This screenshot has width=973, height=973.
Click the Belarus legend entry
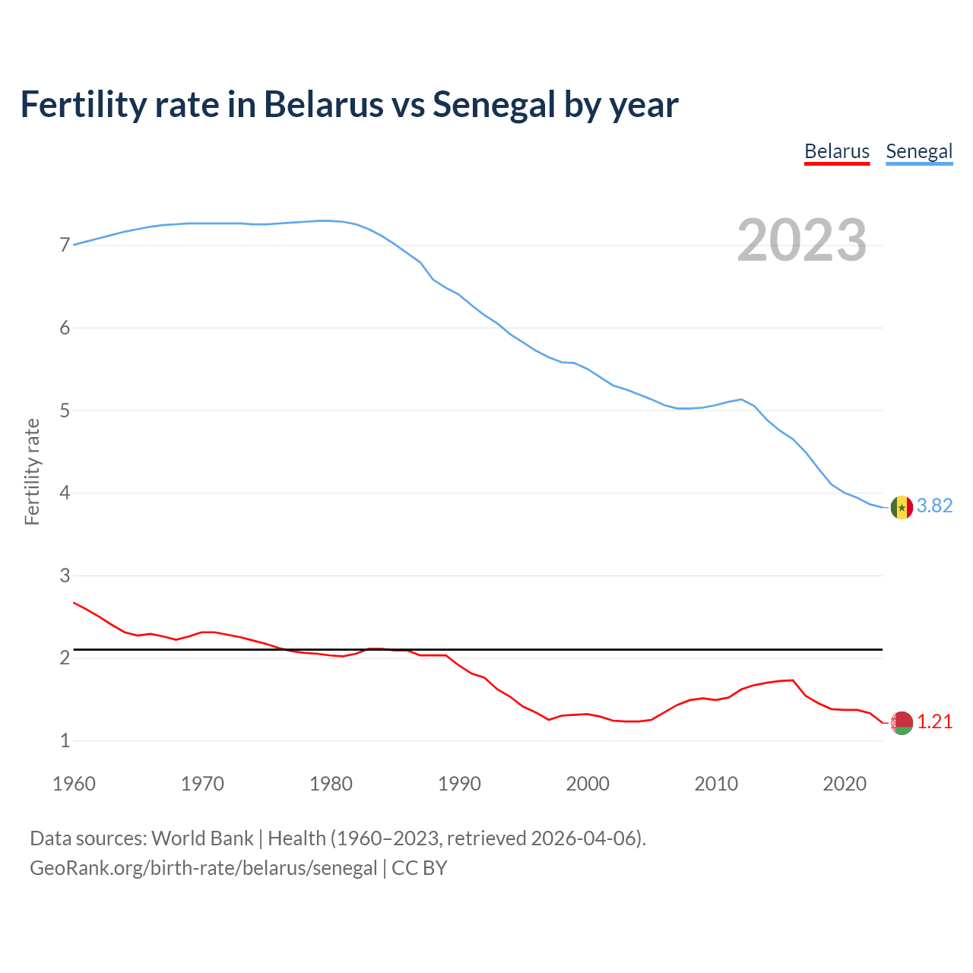pos(837,151)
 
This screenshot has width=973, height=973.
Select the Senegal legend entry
pos(919,151)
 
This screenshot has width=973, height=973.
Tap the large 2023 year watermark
pos(802,240)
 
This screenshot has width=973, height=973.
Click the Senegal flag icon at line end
pos(902,507)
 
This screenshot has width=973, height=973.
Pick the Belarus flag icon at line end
pos(902,723)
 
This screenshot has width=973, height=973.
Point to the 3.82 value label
pos(934,506)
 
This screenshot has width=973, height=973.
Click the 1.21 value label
pos(934,722)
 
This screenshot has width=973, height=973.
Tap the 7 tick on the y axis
pos(65,246)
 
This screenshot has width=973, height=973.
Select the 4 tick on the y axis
pos(65,493)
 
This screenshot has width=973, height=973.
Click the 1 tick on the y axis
pos(65,741)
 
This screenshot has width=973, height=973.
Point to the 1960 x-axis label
pos(74,784)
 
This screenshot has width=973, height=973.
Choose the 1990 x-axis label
pos(459,784)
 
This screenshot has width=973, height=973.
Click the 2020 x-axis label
pos(845,784)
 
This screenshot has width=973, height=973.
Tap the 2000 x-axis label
pos(588,784)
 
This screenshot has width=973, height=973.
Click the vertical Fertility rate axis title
pos(32,471)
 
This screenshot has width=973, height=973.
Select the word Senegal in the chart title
pos(493,105)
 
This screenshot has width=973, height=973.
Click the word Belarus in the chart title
pos(324,105)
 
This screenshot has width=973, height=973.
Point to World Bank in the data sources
pos(202,838)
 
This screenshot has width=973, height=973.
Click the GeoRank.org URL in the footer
pos(203,868)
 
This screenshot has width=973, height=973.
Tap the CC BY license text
pos(419,868)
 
